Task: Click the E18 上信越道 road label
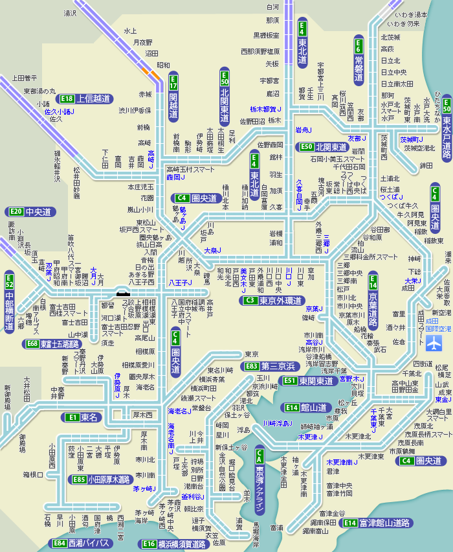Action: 85,99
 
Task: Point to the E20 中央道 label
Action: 30,212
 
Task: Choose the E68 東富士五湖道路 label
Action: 52,344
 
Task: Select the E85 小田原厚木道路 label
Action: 100,480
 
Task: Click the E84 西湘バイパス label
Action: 81,543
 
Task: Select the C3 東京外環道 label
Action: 272,301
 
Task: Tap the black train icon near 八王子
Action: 122,293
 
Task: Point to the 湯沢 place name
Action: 70,12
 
